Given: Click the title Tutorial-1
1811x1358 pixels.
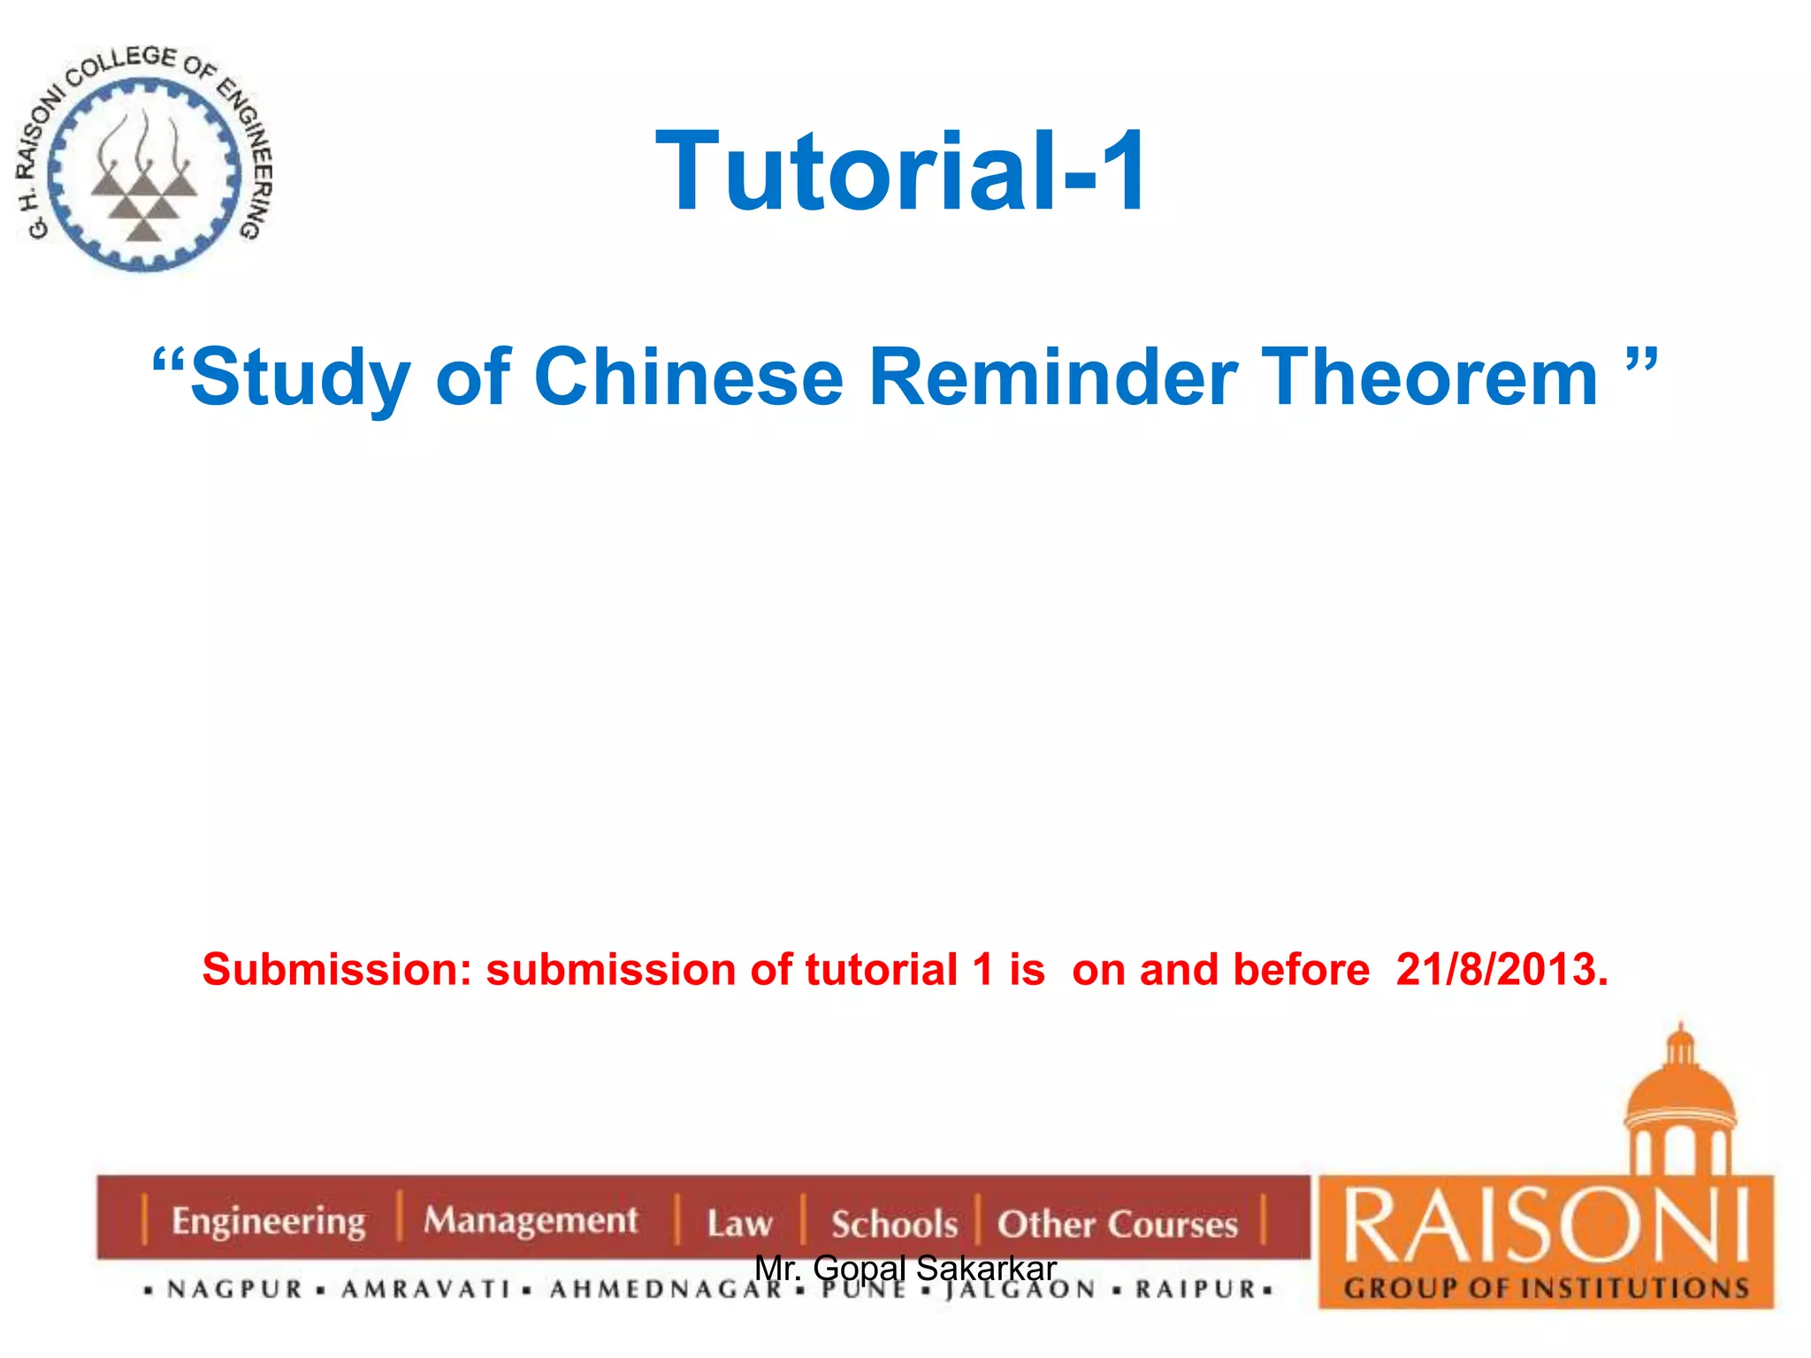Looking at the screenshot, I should pyautogui.click(x=901, y=172).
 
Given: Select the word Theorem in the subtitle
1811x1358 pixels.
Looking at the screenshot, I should pyautogui.click(x=1429, y=378).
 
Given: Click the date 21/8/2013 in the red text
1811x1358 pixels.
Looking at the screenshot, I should pyautogui.click(x=1501, y=970).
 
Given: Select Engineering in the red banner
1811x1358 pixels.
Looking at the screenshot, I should pyautogui.click(x=268, y=1222).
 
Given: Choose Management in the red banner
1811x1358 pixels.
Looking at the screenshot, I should pyautogui.click(x=530, y=1220).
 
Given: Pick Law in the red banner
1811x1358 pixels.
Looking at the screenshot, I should pyautogui.click(x=739, y=1224).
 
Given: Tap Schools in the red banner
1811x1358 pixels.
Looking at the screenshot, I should pyautogui.click(x=894, y=1224).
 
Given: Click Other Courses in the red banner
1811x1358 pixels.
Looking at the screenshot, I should pyautogui.click(x=1117, y=1224).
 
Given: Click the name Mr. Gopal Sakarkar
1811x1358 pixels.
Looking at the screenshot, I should pyautogui.click(x=905, y=1268).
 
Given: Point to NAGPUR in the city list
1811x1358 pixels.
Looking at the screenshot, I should pyautogui.click(x=235, y=1290).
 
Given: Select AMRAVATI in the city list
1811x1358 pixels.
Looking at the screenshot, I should pyautogui.click(x=426, y=1290).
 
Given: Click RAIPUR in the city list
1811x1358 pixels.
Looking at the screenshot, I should pyautogui.click(x=1196, y=1290).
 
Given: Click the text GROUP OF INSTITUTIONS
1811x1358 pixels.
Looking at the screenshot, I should pyautogui.click(x=1546, y=1288).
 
